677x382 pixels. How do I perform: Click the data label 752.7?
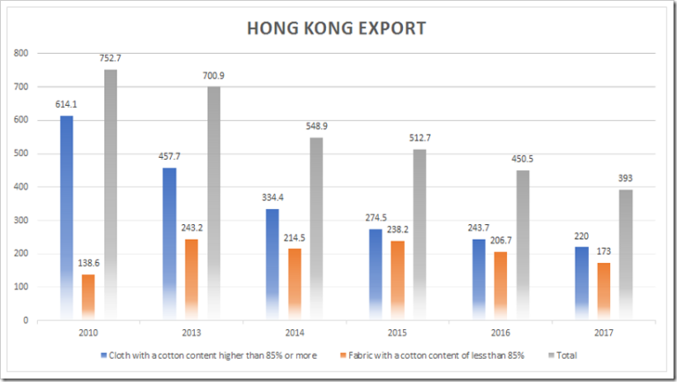[x=111, y=58]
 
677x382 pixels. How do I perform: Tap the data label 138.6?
[x=89, y=264]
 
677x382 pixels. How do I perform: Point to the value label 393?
[x=625, y=178]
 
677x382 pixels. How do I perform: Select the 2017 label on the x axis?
[x=604, y=333]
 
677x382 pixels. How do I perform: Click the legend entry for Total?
[x=570, y=356]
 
